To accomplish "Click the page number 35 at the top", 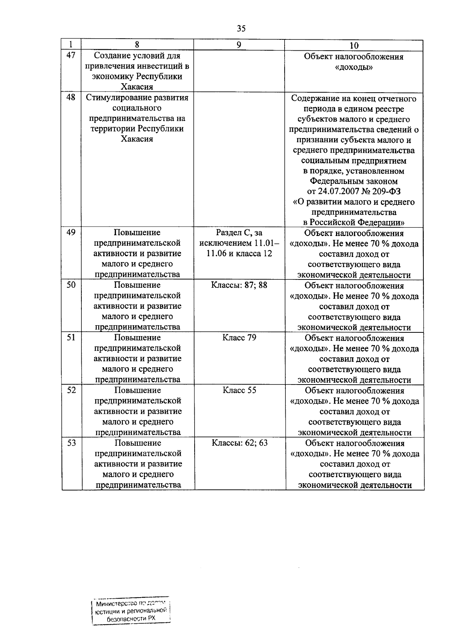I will pyautogui.click(x=241, y=29).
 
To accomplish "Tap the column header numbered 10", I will pyautogui.click(x=354, y=45).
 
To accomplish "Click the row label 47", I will pyautogui.click(x=71, y=56).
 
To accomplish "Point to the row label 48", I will pyautogui.click(x=71, y=98).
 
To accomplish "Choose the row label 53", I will pyautogui.click(x=71, y=443).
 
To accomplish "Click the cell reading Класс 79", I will pyautogui.click(x=239, y=338).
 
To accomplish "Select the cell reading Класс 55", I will pyautogui.click(x=239, y=390).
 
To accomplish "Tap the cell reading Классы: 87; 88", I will pyautogui.click(x=239, y=285).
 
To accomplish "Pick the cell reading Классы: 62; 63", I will pyautogui.click(x=240, y=443).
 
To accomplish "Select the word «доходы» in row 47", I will pyautogui.click(x=354, y=67).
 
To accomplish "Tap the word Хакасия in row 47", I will pyautogui.click(x=137, y=87).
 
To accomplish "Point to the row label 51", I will pyautogui.click(x=71, y=338).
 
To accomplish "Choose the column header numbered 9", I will pyautogui.click(x=239, y=45).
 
